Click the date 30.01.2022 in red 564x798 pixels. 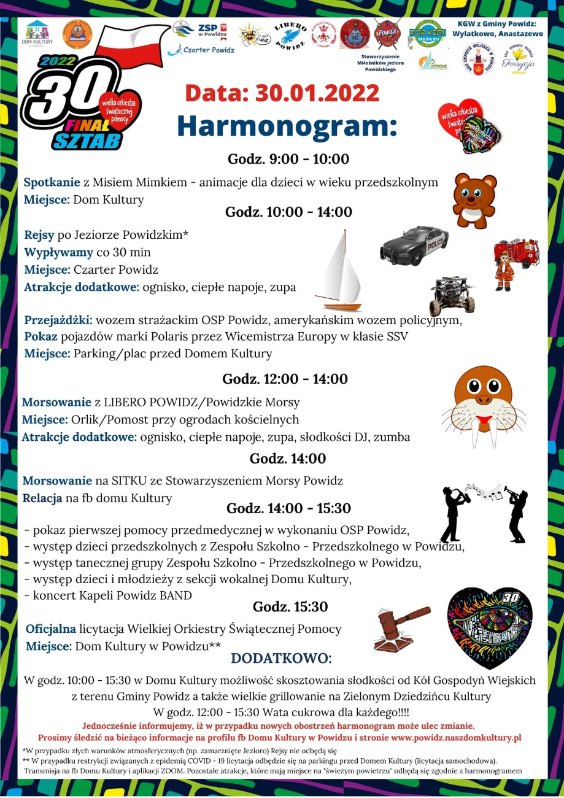point(317,93)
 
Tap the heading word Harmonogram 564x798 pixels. point(287,125)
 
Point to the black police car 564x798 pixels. point(413,244)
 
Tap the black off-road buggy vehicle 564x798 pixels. point(452,295)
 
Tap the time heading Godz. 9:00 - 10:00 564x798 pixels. point(288,160)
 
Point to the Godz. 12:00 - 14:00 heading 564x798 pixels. point(285,379)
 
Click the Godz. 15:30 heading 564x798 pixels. point(290,607)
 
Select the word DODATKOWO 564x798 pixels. point(281,659)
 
